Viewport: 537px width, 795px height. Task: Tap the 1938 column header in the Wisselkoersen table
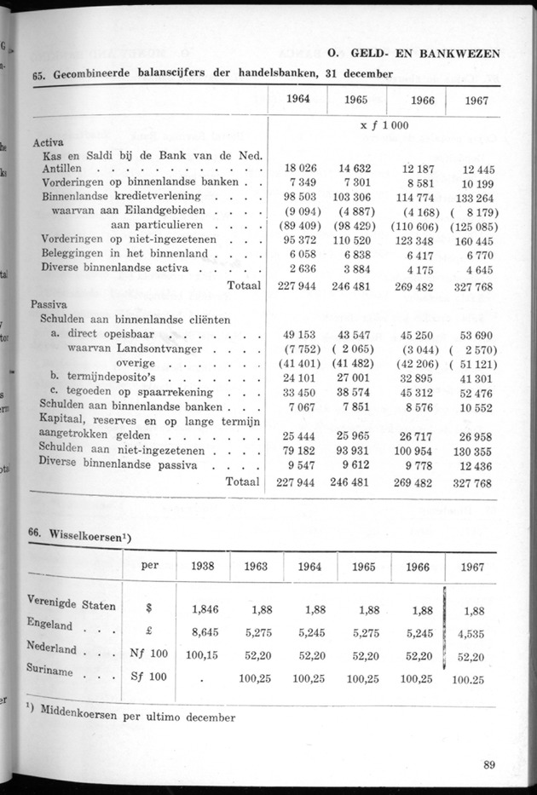tap(202, 567)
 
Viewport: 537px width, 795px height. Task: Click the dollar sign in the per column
tap(148, 609)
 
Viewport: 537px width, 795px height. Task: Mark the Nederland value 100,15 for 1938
tap(201, 655)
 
